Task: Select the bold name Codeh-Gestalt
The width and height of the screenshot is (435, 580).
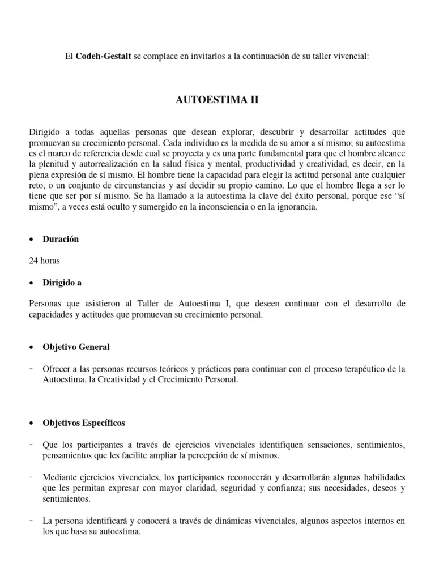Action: [x=103, y=56]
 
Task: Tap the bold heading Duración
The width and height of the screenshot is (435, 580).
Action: [x=61, y=239]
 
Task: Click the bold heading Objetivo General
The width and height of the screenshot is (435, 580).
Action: [x=76, y=347]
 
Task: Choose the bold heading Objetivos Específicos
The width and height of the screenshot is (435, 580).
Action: [x=84, y=423]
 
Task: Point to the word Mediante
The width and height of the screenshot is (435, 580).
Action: [x=61, y=477]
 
